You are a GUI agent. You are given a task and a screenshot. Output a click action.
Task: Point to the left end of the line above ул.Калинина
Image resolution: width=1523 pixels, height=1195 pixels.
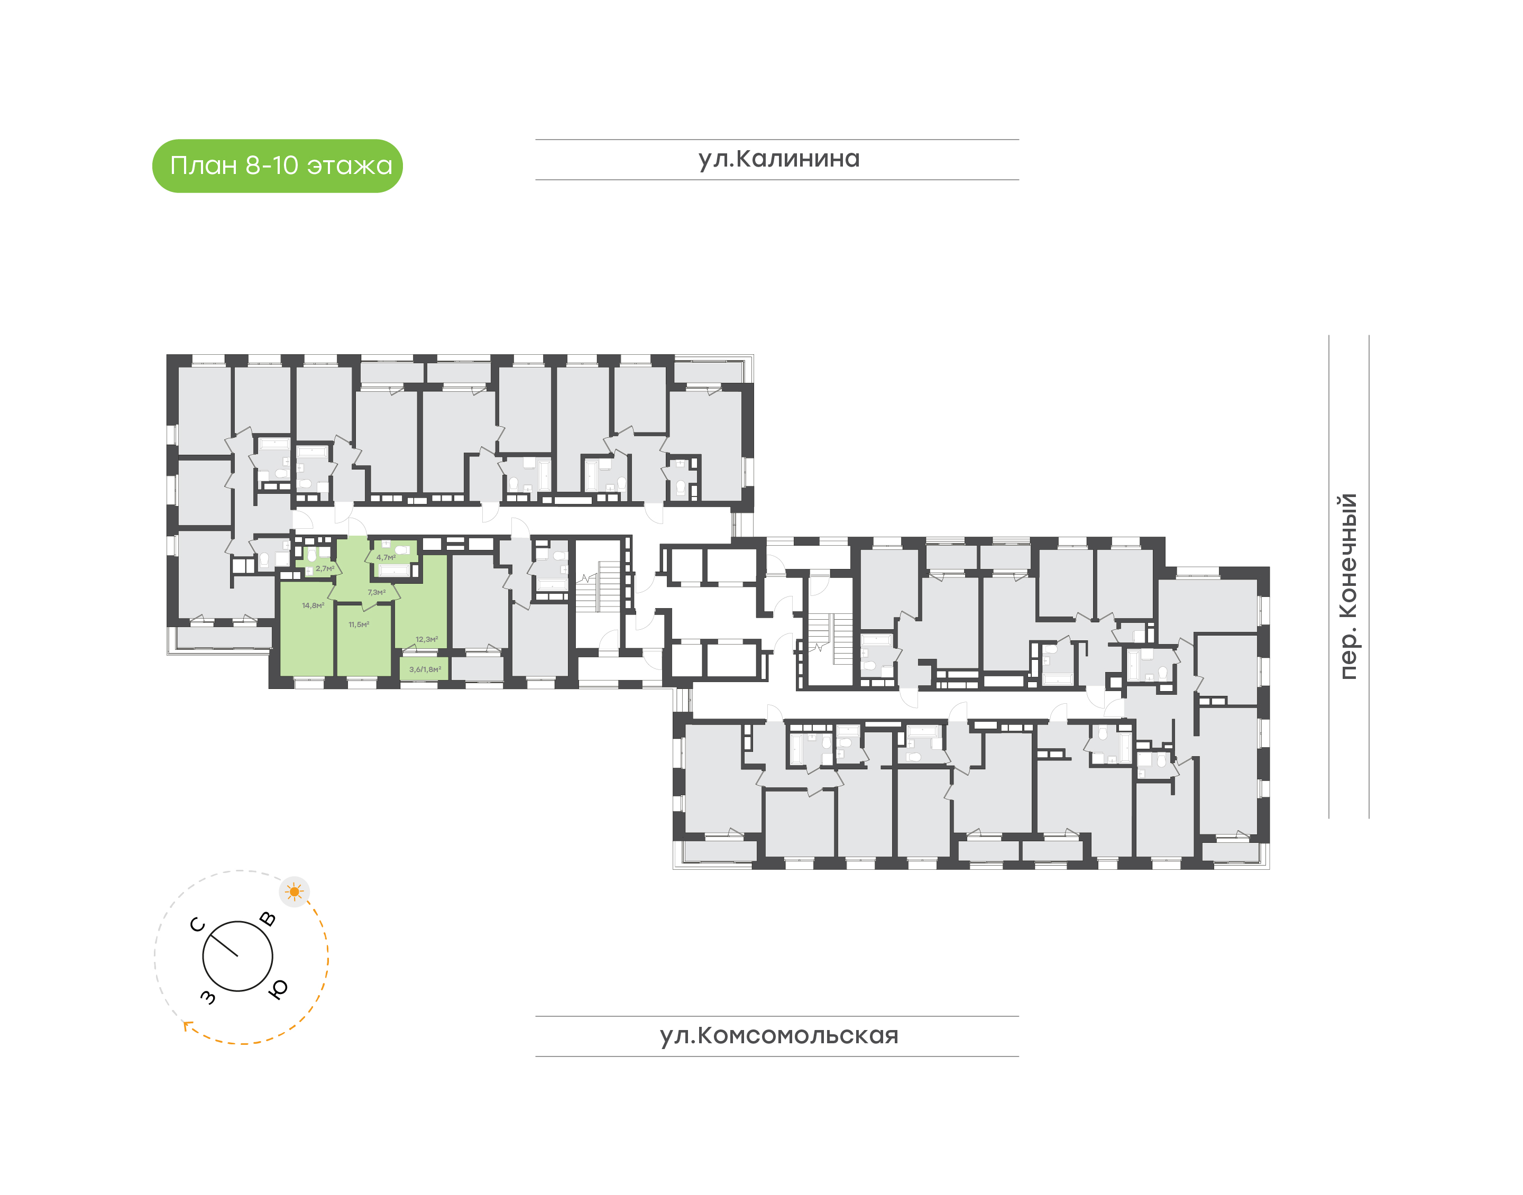pyautogui.click(x=536, y=140)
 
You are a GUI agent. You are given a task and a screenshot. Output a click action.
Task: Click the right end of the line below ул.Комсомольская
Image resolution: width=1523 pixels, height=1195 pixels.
pyautogui.click(x=1019, y=1056)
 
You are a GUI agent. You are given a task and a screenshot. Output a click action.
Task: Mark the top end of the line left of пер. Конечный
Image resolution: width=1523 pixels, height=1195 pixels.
pyautogui.click(x=1329, y=335)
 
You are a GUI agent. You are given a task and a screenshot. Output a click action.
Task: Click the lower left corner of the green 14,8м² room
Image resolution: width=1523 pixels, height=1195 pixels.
pyautogui.click(x=280, y=676)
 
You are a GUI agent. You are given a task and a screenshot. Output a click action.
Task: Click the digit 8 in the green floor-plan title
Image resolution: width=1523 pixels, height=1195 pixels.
pyautogui.click(x=253, y=166)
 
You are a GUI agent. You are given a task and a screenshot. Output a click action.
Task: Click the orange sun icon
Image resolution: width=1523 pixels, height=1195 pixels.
pyautogui.click(x=295, y=892)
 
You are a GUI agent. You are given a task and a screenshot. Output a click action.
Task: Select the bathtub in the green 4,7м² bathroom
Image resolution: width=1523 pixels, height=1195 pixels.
pyautogui.click(x=394, y=570)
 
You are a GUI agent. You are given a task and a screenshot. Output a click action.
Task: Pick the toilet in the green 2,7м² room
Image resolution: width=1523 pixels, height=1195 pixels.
pyautogui.click(x=312, y=555)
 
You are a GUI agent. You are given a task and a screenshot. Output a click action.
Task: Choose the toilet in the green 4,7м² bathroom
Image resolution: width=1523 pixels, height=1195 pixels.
pyautogui.click(x=402, y=550)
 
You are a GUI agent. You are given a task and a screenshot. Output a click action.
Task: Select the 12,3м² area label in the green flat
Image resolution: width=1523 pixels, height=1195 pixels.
pyautogui.click(x=427, y=639)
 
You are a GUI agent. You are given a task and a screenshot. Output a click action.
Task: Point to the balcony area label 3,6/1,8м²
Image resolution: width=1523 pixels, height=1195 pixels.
pyautogui.click(x=425, y=669)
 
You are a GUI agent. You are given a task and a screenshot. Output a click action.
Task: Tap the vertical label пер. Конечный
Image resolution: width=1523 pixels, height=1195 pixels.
pyautogui.click(x=1347, y=586)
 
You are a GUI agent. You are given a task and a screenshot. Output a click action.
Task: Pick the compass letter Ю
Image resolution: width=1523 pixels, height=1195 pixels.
pyautogui.click(x=278, y=989)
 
